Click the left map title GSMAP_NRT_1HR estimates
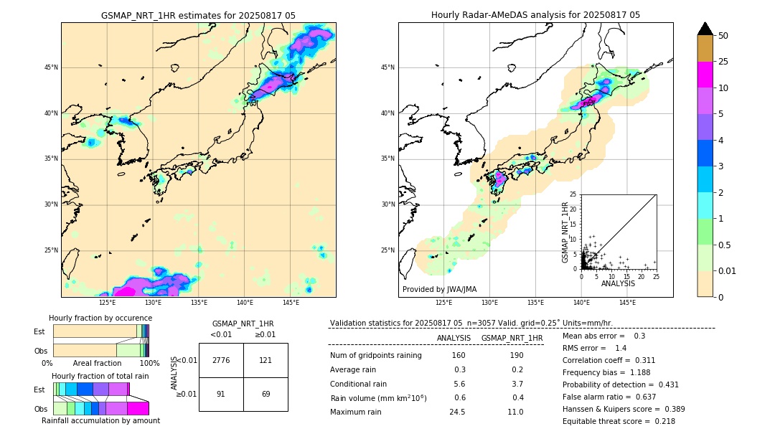pos(198,15)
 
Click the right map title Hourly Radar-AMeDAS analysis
pos(535,15)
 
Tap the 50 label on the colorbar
pos(724,36)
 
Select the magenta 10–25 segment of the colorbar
pos(705,75)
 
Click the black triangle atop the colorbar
pos(705,29)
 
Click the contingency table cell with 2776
pos(221,360)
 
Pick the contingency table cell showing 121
pos(266,360)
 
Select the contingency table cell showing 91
pos(221,394)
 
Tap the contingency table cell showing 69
pos(266,394)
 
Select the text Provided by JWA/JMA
pos(439,289)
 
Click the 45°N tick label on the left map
pos(50,67)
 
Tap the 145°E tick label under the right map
pos(627,303)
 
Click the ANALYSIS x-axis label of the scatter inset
pos(619,284)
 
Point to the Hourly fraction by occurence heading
pos(100,318)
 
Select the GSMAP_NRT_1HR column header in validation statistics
pos(512,338)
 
